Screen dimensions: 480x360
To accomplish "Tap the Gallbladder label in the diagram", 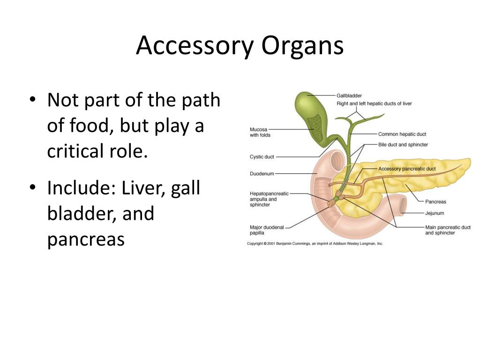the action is coord(349,96).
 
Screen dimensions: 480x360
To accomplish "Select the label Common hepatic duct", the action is coord(402,134).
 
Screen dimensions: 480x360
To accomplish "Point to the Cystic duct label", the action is coord(262,157).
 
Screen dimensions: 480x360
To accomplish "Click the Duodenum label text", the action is coord(262,174).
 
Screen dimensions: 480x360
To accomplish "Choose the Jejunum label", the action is coord(435,213).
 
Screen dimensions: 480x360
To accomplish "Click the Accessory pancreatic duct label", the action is coord(407,169).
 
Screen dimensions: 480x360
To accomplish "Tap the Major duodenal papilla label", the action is coord(267,230).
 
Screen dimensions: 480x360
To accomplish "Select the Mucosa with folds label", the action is coord(260,132).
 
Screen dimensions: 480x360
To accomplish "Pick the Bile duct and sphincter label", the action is coord(403,145).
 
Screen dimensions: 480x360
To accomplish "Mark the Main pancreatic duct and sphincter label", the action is coord(448,230).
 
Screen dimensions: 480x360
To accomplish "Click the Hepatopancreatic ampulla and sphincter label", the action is coord(270,199).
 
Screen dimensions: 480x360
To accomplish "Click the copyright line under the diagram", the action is coord(315,244).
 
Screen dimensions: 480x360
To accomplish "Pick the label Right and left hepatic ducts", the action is coord(374,104).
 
